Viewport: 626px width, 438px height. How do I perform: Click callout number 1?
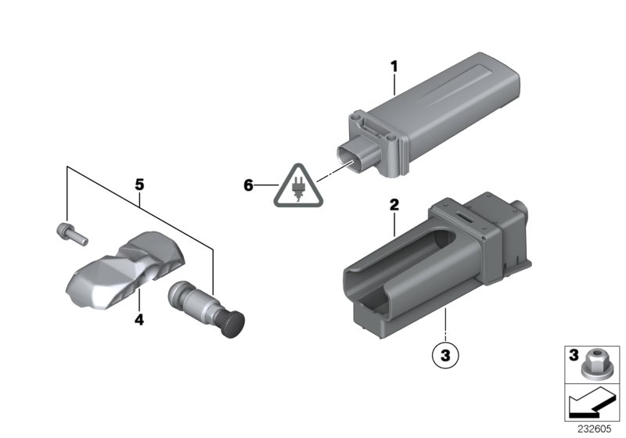[x=394, y=68]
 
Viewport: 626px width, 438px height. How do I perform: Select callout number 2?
[x=394, y=206]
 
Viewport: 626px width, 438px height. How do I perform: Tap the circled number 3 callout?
[x=444, y=355]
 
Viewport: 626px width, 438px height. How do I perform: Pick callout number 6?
[x=249, y=185]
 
